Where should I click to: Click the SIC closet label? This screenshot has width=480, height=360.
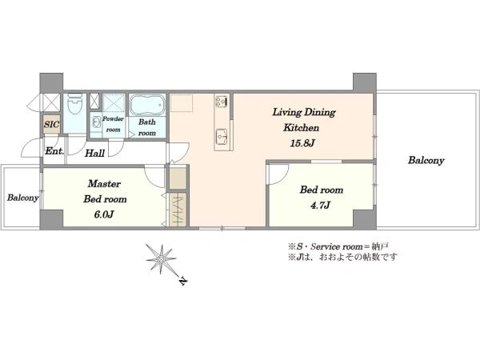[x=51, y=124]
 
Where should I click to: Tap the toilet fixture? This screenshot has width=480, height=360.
[x=75, y=105]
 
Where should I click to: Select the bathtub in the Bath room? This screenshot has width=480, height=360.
[x=147, y=105]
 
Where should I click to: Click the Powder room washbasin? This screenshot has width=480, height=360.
[x=96, y=122]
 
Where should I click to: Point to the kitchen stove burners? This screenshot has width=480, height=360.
[x=222, y=101]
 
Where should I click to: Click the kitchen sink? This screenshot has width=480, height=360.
[x=222, y=136]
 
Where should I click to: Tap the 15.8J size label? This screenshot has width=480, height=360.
[x=302, y=143]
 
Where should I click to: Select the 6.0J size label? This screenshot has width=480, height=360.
[x=104, y=214]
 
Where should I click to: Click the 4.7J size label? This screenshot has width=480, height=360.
[x=320, y=205]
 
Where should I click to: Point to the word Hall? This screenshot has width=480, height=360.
[x=94, y=153]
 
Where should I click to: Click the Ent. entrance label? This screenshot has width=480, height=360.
[x=54, y=151]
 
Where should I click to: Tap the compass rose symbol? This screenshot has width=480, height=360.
[x=161, y=259]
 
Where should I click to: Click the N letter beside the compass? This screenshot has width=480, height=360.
[x=182, y=281]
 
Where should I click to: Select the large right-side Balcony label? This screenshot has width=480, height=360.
[x=426, y=161]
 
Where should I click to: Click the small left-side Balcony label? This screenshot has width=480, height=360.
[x=23, y=198]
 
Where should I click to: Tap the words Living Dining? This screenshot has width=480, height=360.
[x=304, y=112]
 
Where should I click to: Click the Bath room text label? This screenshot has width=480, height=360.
[x=147, y=127]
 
